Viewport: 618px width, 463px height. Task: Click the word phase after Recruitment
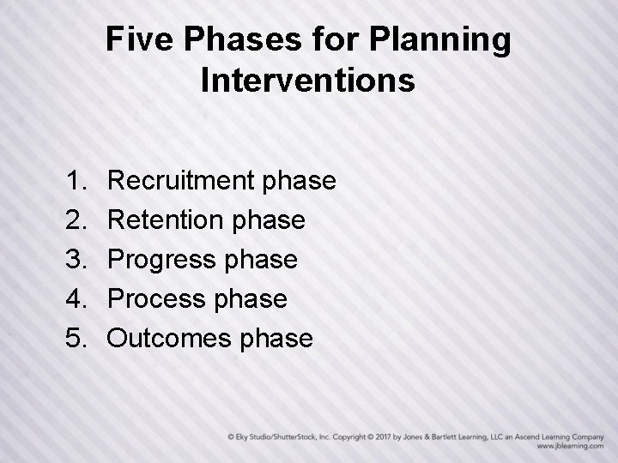(x=300, y=181)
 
